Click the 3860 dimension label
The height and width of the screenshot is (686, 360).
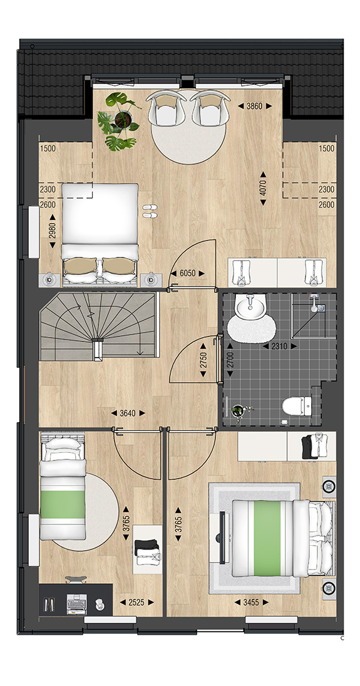tap(255, 106)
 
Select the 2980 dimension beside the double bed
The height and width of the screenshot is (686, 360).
tap(53, 231)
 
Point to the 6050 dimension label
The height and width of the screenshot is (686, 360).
tap(187, 273)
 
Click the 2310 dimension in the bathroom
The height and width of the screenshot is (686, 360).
tap(279, 346)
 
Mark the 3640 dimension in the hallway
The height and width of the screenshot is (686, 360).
tap(127, 413)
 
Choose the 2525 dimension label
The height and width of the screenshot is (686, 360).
tap(137, 602)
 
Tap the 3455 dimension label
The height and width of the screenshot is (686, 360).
tap(252, 602)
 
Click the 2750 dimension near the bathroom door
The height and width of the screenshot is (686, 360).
tap(203, 360)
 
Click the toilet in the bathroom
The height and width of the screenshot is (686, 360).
tap(297, 405)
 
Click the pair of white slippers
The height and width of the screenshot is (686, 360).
tap(150, 210)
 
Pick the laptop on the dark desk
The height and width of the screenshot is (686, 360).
tap(76, 604)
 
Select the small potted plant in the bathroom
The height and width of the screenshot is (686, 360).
tap(238, 411)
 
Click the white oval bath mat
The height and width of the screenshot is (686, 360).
tap(252, 328)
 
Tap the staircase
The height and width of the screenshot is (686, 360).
tap(98, 326)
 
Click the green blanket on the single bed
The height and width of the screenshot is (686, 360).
tap(63, 505)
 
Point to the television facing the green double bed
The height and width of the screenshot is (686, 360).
tap(222, 538)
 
